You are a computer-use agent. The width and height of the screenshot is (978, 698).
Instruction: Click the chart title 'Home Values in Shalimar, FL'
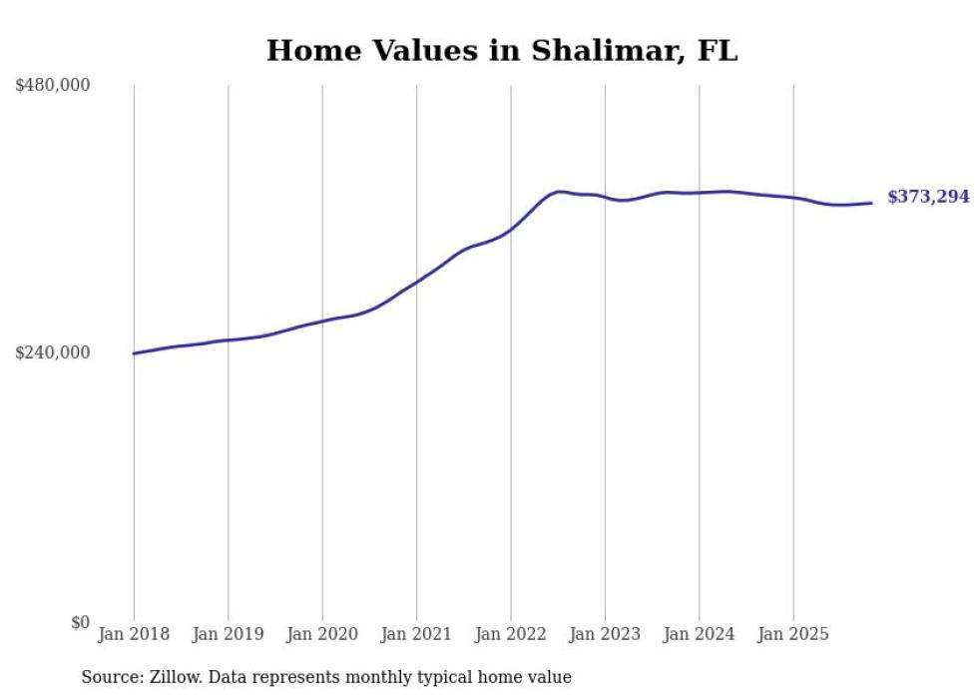click(502, 51)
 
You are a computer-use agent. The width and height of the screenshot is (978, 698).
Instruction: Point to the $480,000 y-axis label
click(53, 86)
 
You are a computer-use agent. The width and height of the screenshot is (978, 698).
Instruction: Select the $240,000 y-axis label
click(53, 352)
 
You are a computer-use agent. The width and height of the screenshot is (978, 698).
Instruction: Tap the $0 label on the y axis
click(80, 622)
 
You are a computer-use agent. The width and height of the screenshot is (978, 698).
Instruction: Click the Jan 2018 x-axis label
click(134, 634)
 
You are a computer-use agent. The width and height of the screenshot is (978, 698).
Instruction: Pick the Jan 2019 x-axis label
click(228, 634)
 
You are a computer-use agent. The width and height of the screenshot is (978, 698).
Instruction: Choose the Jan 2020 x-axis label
click(322, 634)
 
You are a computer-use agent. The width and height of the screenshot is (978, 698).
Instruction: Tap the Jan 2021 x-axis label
click(416, 634)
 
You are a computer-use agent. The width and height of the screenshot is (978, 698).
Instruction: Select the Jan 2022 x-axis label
click(511, 634)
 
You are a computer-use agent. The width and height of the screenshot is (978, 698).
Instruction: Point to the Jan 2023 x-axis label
click(605, 634)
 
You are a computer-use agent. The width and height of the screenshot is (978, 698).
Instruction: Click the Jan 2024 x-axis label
click(699, 634)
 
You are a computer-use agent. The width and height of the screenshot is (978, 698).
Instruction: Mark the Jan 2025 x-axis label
click(793, 634)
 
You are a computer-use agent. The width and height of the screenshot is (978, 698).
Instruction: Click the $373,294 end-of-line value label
click(928, 198)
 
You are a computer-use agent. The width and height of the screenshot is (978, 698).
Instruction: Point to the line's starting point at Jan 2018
click(134, 353)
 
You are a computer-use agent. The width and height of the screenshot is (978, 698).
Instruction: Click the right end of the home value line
click(872, 204)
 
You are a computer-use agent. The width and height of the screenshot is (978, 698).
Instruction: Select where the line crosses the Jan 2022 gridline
click(511, 229)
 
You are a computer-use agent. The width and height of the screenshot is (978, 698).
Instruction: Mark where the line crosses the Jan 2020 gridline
click(322, 322)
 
